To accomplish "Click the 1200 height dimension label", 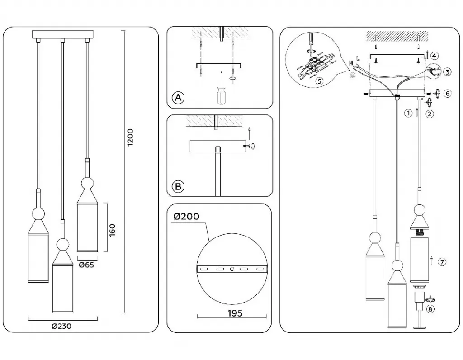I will [130, 137].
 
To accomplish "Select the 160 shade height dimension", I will [113, 229].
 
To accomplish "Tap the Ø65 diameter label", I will [86, 265].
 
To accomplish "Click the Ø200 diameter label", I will [186, 217].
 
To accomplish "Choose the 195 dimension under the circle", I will [234, 313].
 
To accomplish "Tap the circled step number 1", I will [408, 113].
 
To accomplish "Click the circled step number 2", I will [429, 114].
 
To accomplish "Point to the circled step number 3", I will [447, 72].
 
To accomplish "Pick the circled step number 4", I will [434, 56].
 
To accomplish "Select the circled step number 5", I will [319, 81].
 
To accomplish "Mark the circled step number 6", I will [447, 93].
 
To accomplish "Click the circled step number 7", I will [442, 261].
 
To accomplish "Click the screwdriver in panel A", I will [221, 94].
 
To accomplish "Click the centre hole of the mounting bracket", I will [232, 269].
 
